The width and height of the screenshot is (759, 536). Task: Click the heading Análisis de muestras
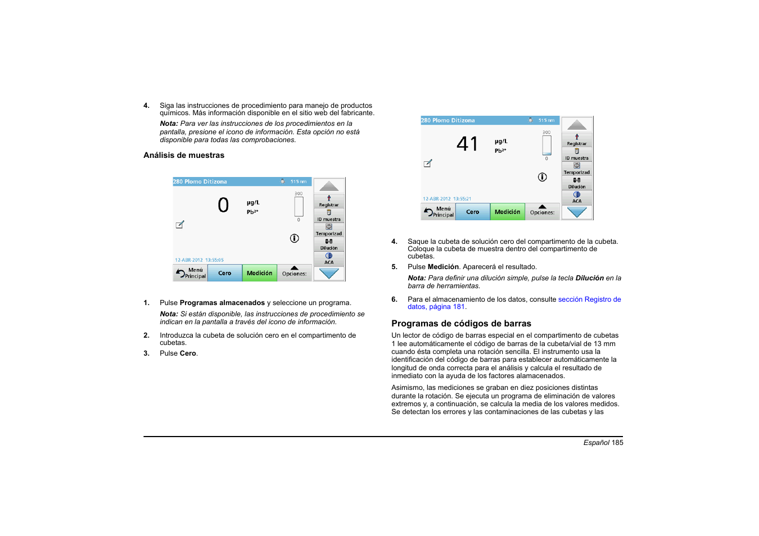(184, 156)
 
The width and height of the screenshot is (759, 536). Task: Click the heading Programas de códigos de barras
(461, 324)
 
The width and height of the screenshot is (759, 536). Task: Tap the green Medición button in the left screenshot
(259, 273)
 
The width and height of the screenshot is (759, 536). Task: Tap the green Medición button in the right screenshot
(507, 212)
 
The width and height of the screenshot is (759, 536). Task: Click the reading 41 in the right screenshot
(467, 144)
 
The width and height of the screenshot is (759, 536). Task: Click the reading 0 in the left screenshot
(223, 205)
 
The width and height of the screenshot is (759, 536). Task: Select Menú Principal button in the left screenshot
(191, 273)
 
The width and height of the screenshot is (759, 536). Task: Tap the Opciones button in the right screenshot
(542, 212)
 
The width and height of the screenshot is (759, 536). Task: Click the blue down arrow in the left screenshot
(329, 274)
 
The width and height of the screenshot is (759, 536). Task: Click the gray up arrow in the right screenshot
(577, 125)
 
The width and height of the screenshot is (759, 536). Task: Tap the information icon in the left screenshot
(294, 238)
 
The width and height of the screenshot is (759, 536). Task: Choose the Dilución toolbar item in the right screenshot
(577, 184)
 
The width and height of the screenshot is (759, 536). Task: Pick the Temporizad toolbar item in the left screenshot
(329, 230)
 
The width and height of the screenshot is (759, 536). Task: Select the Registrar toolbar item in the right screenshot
(577, 140)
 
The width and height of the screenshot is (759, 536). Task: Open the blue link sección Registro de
(589, 299)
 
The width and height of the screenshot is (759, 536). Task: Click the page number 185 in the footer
(617, 443)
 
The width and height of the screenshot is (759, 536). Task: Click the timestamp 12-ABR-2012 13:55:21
(447, 199)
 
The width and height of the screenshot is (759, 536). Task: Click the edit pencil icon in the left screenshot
(180, 225)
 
